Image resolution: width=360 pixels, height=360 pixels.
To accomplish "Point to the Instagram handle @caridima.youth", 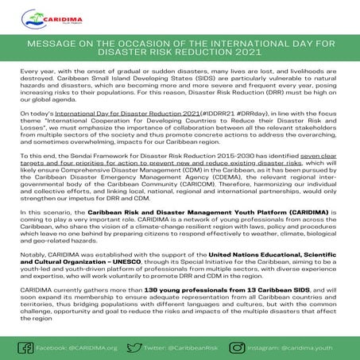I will click(319, 347).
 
